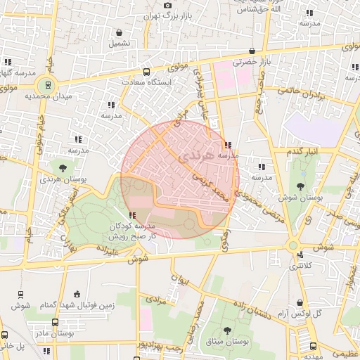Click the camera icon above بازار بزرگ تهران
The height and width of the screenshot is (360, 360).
pos(167,6)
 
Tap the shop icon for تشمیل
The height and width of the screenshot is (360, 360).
pos(120,32)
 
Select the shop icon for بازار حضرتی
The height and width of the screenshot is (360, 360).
pos(252,51)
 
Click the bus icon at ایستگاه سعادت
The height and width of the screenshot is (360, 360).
pos(147,72)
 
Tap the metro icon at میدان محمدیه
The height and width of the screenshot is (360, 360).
pos(48,84)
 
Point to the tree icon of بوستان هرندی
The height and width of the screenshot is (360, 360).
pos(63,168)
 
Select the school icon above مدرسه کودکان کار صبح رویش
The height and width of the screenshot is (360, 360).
pos(132,214)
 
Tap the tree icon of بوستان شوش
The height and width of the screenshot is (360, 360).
pos(300,186)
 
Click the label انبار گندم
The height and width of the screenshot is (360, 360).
pos(302,150)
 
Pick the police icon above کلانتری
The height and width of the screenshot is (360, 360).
pos(301,255)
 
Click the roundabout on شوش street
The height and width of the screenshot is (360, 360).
pos(293,245)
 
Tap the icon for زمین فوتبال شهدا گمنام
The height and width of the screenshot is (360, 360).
pos(77,292)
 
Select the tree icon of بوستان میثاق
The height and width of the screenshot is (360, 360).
pos(226,330)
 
